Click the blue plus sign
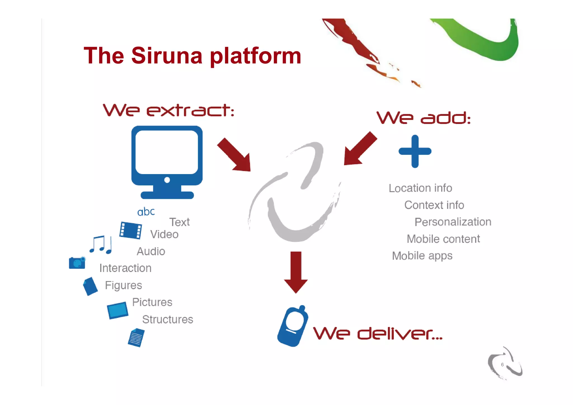415,151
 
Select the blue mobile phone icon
292,326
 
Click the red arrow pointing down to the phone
296,271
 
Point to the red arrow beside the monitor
235,155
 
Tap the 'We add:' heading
423,118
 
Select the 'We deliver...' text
378,333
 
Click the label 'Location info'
420,188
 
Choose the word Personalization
453,222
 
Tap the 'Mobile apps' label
422,256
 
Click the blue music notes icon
101,245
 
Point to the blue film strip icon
130,230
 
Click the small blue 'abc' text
146,212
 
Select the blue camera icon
77,263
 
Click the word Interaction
125,268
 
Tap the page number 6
502,364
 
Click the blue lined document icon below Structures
136,338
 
